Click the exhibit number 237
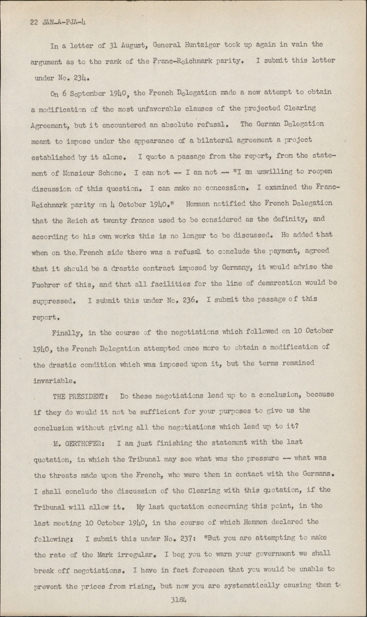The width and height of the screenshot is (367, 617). pyautogui.click(x=186, y=538)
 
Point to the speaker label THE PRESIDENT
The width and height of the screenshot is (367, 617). pyautogui.click(x=80, y=396)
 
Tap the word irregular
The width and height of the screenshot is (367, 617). pyautogui.click(x=133, y=554)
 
